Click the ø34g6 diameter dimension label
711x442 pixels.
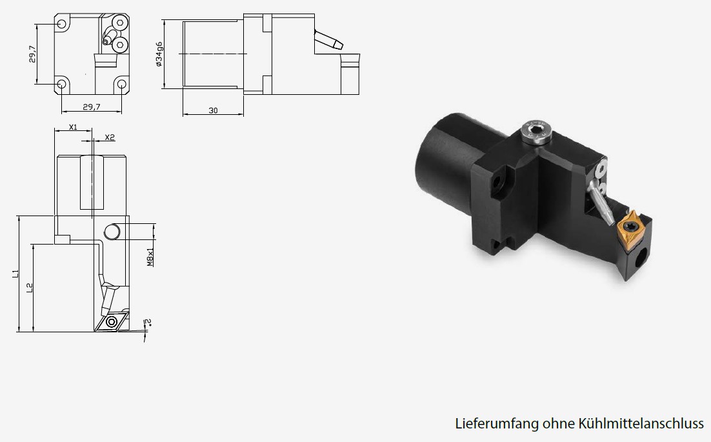(159, 54)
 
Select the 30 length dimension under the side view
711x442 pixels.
(213, 110)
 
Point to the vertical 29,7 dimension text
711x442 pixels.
(32, 54)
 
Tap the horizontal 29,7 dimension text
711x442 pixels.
(92, 107)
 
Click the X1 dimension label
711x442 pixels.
(73, 127)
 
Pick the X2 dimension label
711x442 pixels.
(110, 137)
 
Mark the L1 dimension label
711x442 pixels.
(15, 274)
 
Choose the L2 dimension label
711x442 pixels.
(30, 287)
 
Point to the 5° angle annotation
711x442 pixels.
(147, 323)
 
